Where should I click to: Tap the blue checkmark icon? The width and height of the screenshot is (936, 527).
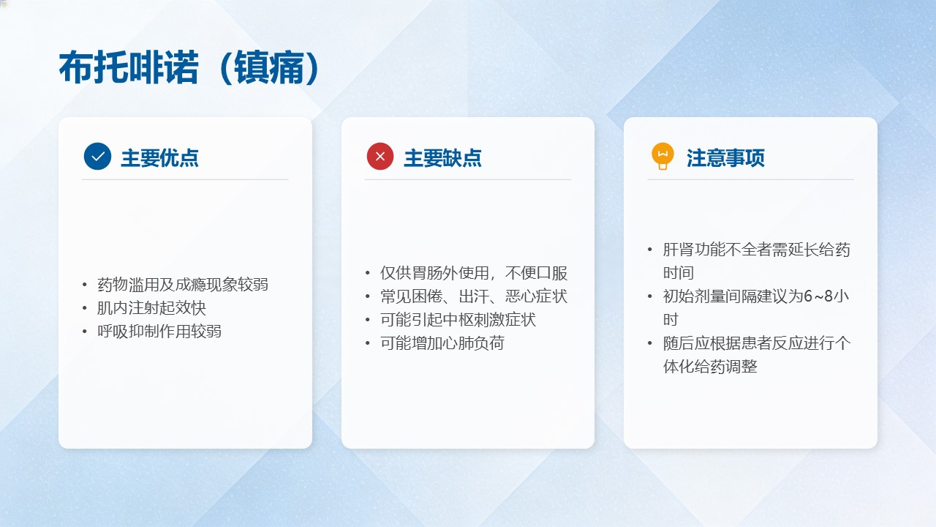(97, 156)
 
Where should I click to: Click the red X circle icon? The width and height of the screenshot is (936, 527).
(380, 156)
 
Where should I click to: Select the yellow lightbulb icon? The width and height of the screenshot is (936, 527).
(663, 156)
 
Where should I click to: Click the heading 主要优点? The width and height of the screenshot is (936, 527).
(159, 158)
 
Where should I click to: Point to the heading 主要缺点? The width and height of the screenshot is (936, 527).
(442, 158)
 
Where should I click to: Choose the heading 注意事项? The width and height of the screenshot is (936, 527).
(725, 158)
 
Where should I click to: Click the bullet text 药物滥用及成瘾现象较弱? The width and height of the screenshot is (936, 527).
(183, 285)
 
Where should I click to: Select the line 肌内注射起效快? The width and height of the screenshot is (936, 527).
(151, 308)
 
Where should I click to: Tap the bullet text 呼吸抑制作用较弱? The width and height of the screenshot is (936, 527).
(159, 332)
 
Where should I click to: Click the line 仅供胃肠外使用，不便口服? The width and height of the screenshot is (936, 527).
(474, 273)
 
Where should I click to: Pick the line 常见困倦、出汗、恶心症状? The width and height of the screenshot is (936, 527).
(474, 296)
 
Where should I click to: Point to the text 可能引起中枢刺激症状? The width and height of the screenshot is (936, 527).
(458, 320)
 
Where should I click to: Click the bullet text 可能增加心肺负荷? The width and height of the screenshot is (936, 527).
(442, 343)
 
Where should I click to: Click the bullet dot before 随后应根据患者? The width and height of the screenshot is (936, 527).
(650, 343)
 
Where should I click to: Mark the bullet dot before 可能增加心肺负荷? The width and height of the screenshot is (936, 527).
(367, 343)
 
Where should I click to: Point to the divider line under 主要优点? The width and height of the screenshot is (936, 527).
(185, 179)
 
